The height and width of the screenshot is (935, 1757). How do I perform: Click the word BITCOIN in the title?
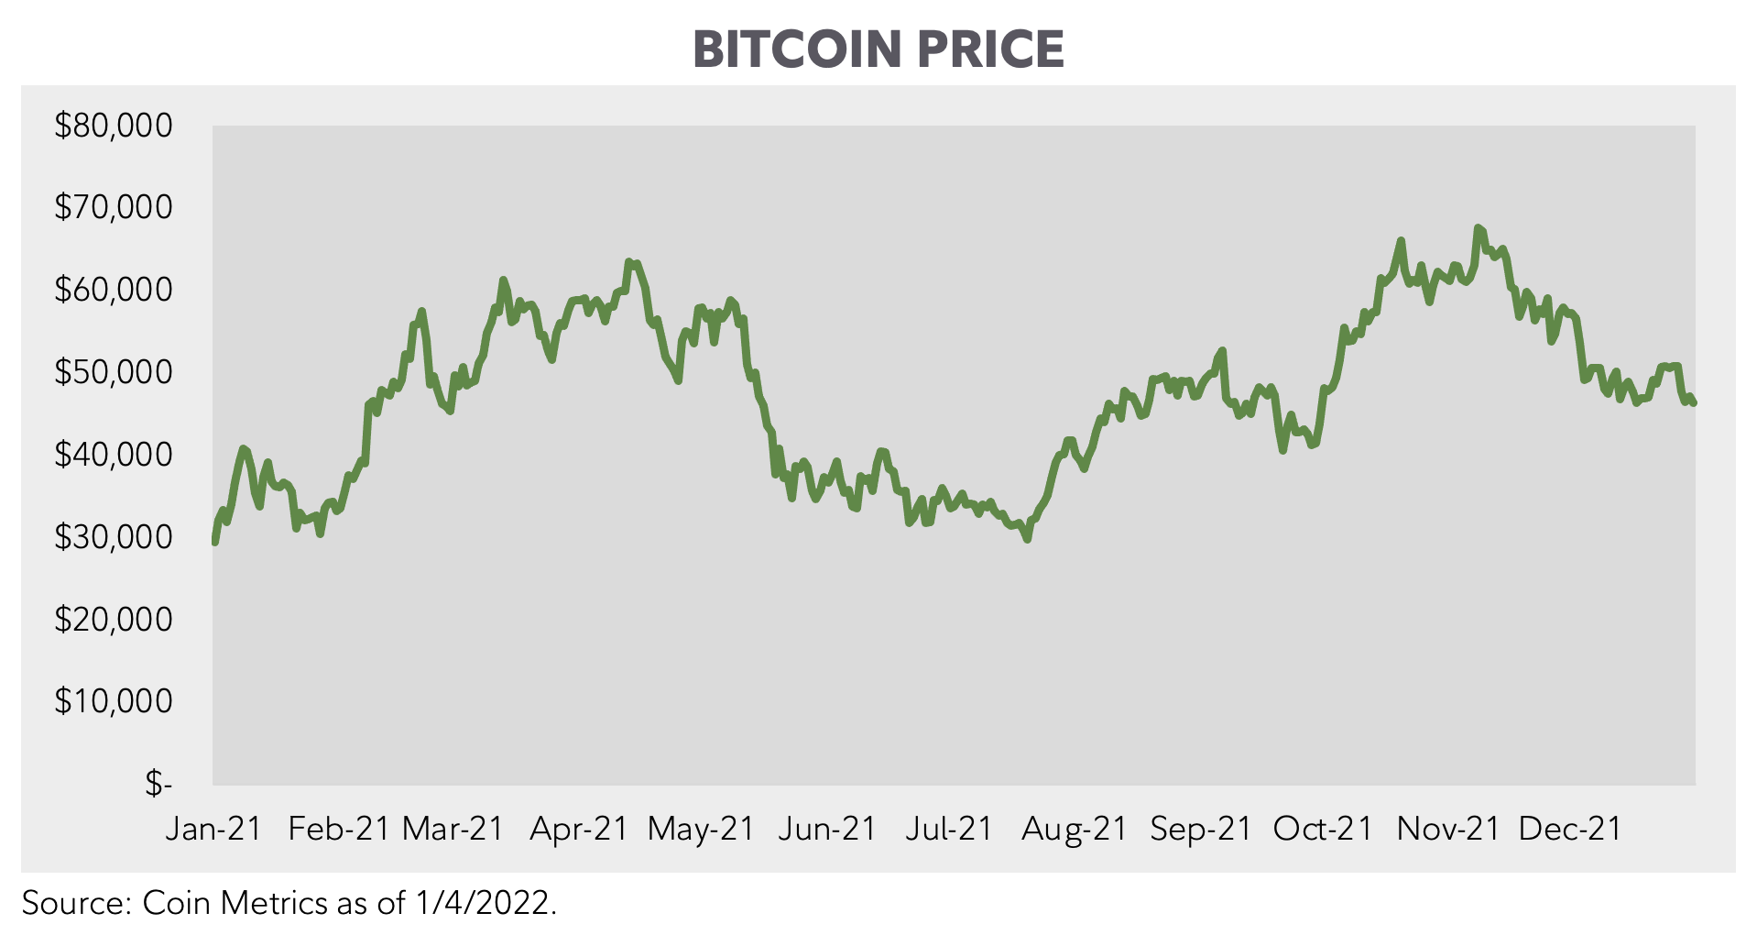pos(797,49)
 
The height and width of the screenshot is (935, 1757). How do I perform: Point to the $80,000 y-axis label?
pos(114,126)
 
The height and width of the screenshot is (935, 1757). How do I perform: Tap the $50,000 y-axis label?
pos(114,372)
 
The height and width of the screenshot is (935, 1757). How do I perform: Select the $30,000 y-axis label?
pos(114,537)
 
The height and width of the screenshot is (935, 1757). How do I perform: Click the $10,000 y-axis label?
pos(114,701)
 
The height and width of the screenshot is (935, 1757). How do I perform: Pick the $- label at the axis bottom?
pos(158,784)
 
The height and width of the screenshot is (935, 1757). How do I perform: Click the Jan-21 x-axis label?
pos(213,829)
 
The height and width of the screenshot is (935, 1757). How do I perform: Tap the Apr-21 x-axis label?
pos(579,829)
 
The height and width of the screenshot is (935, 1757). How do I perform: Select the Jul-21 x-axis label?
pos(949,829)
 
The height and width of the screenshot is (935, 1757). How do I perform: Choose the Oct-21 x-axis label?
pos(1323,829)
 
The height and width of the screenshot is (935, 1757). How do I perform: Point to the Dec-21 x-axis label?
pos(1570,829)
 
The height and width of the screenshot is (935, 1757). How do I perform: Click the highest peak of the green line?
pos(1478,227)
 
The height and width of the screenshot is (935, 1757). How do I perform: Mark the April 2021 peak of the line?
pos(628,261)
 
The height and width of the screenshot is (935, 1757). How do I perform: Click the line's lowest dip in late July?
pos(1027,539)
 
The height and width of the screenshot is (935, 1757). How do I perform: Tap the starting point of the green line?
pos(214,543)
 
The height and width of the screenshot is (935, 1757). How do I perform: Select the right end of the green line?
pos(1694,402)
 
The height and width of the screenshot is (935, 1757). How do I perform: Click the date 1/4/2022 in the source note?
pos(486,904)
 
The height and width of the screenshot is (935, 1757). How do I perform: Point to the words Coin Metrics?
pos(234,904)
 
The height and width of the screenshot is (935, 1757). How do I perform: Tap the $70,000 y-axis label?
pos(114,208)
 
